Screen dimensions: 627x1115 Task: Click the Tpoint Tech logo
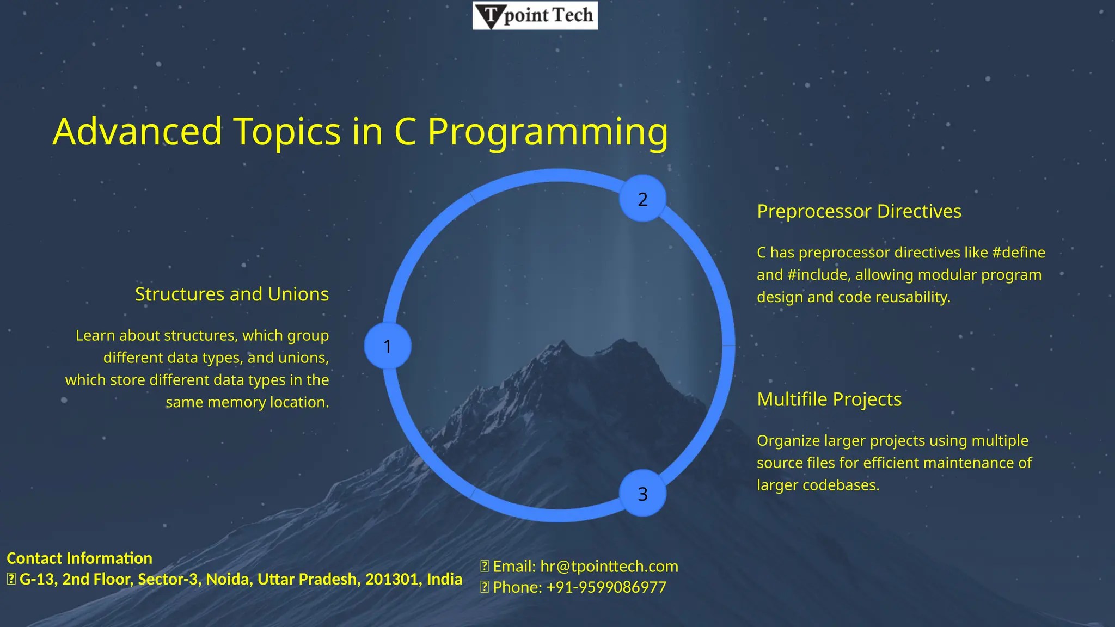point(535,15)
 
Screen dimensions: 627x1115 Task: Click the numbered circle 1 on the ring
point(388,346)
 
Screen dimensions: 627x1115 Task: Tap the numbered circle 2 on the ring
point(642,199)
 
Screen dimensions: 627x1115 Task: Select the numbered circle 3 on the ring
point(642,494)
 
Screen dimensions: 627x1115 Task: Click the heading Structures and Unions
point(232,294)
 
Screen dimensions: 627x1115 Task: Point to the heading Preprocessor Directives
point(859,211)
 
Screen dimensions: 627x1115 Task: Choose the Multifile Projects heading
point(829,399)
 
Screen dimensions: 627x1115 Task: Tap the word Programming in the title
point(548,133)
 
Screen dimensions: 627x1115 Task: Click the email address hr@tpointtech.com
point(609,567)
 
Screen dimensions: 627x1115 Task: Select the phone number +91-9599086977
point(606,587)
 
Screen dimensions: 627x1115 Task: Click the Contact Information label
point(79,558)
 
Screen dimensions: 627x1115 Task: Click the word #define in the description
point(1019,253)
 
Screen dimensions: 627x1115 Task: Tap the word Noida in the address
point(229,579)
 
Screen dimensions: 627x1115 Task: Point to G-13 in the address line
point(36,579)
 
